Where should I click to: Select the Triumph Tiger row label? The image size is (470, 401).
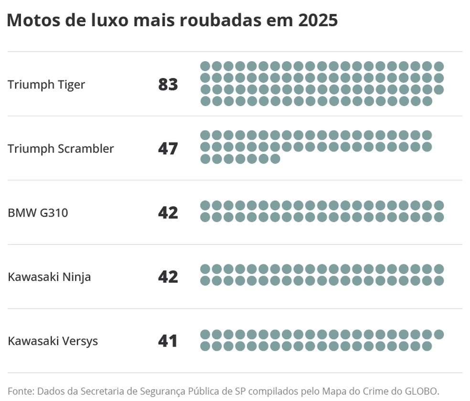46,85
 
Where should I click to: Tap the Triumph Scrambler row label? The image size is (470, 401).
61,149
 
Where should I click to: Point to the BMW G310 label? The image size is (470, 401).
38,212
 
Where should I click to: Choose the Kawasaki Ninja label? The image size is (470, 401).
49,277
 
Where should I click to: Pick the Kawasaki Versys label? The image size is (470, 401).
53,341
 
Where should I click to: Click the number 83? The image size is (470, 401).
168,85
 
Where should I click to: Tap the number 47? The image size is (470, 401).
168,149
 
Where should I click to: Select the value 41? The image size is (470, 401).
168,341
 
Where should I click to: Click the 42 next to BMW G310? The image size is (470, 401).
168,213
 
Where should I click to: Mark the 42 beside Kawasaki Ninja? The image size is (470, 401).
168,277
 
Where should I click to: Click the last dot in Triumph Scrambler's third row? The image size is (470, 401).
275,159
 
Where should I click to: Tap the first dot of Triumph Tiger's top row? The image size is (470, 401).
205,66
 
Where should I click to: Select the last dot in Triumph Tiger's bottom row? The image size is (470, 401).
427,101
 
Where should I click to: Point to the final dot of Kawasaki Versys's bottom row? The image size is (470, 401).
427,346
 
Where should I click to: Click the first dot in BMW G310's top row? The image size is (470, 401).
205,206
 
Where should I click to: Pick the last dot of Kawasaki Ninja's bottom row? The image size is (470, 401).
439,281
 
